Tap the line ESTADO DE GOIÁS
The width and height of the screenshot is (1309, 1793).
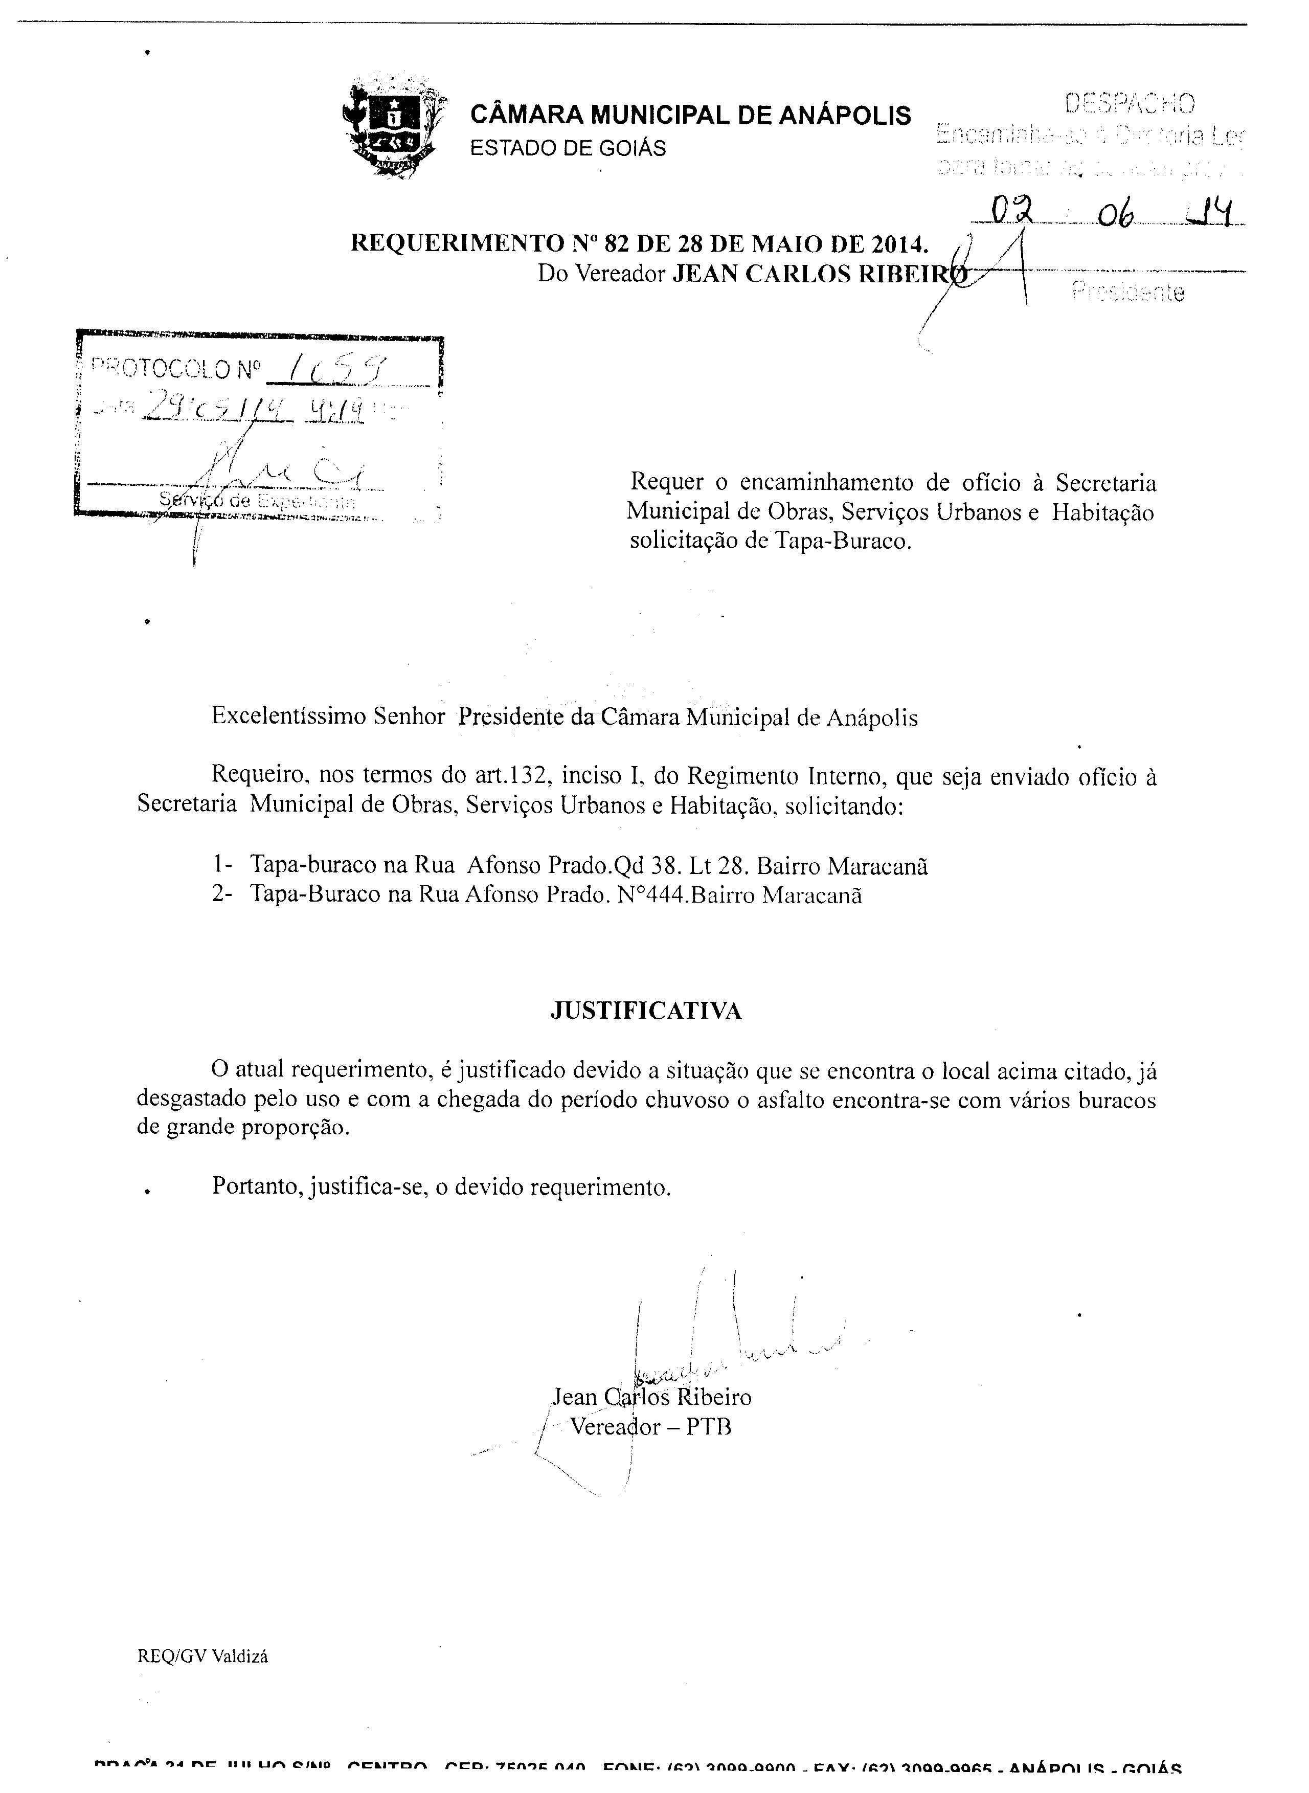[568, 148]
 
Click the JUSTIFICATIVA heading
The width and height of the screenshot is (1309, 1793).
[646, 1011]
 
